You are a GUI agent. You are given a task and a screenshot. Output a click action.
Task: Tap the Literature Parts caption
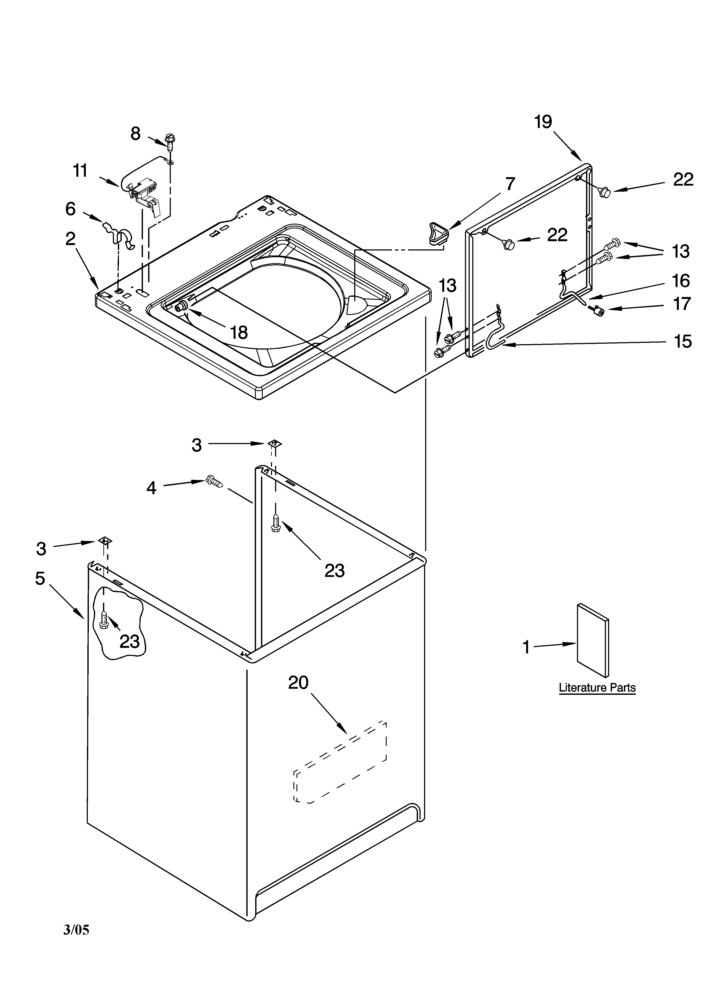(597, 687)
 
